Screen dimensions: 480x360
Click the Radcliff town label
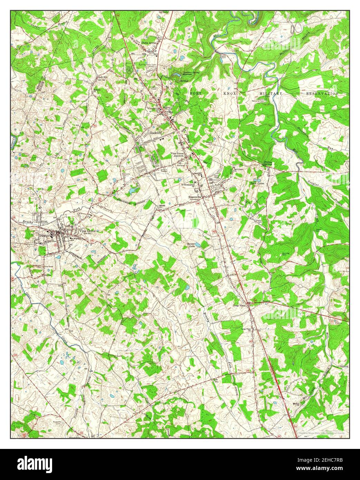156,132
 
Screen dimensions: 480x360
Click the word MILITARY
271,94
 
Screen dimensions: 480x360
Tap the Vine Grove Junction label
178,155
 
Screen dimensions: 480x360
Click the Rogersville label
195,197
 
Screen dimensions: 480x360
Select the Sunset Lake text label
192,245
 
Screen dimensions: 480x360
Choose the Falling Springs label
269,164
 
